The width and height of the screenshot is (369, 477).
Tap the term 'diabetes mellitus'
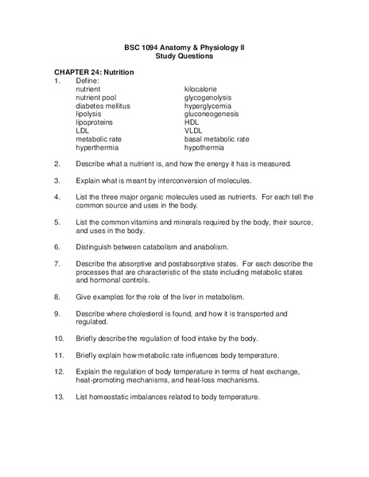point(103,107)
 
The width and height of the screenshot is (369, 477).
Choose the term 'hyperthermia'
point(99,148)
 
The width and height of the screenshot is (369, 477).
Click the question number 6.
point(57,246)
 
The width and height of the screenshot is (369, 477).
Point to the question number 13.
point(59,397)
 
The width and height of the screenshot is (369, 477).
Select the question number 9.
point(57,314)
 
